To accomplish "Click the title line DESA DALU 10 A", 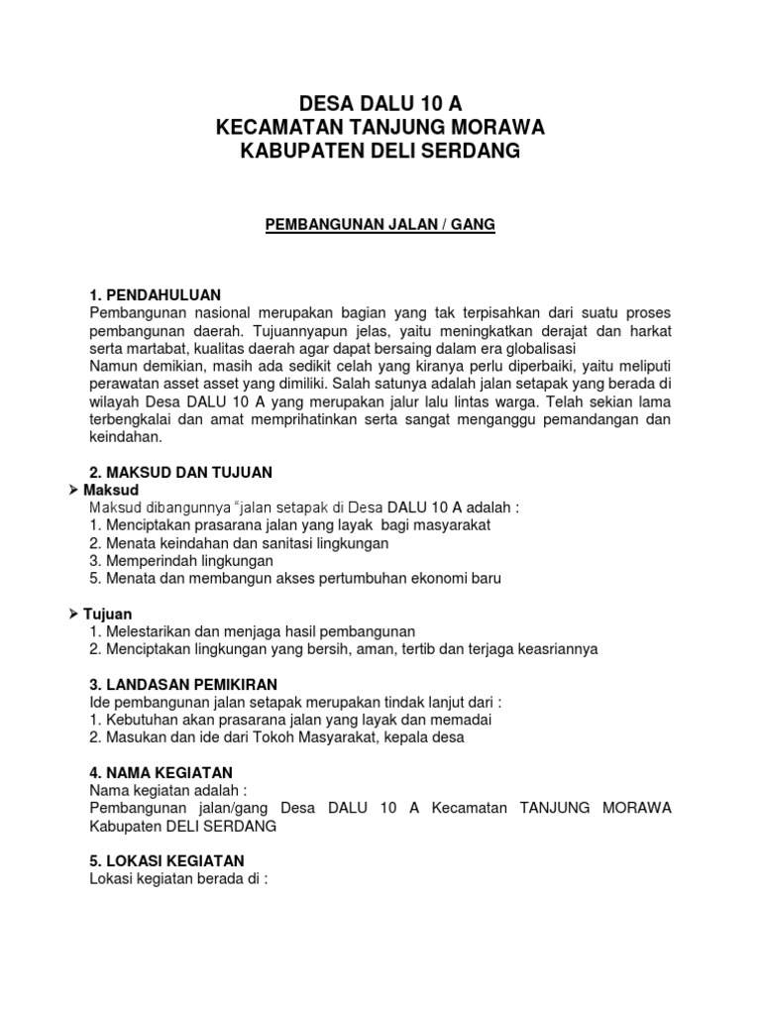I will coord(380,103).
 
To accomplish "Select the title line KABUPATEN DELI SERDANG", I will coord(380,151).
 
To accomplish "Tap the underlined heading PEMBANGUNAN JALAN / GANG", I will coord(380,225).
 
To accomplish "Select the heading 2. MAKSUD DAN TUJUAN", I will coord(180,472).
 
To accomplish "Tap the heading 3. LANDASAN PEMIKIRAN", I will coord(183,685).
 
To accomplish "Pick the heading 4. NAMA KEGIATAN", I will coord(161,772).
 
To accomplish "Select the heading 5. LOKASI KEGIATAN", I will coord(166,860).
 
